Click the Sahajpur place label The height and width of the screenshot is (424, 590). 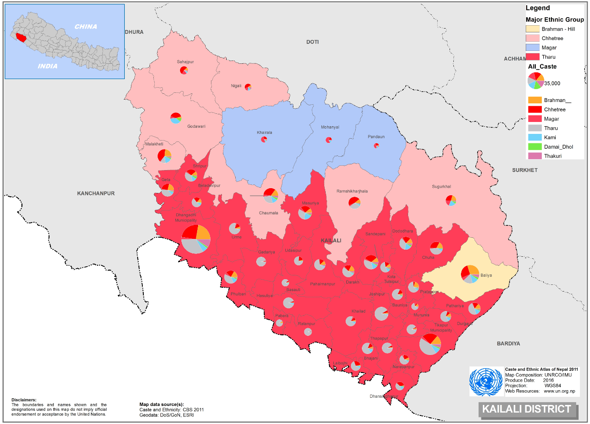click(185, 62)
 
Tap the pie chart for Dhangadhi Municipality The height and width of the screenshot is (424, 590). click(196, 239)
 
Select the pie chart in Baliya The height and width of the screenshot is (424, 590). click(470, 273)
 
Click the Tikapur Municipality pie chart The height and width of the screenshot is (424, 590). click(430, 344)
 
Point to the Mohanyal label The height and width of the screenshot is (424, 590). click(330, 128)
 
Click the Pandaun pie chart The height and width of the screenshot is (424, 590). click(377, 145)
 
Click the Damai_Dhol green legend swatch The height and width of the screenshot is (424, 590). click(534, 147)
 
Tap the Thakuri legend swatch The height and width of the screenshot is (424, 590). click(534, 156)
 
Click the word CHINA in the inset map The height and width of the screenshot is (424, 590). click(86, 27)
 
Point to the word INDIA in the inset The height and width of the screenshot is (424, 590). click(48, 66)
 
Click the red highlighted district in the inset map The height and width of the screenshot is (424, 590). click(20, 36)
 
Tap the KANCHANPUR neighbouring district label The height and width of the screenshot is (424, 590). click(96, 193)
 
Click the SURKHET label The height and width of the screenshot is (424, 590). click(524, 170)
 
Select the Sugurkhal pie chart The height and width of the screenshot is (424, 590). click(451, 201)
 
